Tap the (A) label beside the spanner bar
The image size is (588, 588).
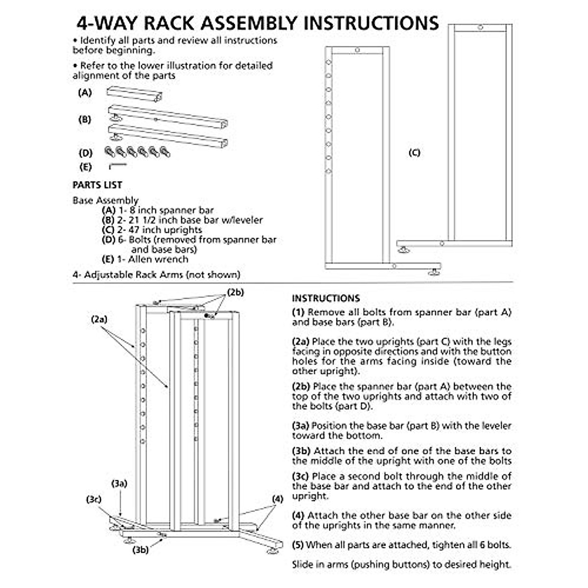pyautogui.click(x=85, y=93)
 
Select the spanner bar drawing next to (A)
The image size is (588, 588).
pyautogui.click(x=135, y=95)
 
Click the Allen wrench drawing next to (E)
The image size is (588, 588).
pyautogui.click(x=118, y=166)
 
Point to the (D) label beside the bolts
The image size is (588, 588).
pyautogui.click(x=85, y=153)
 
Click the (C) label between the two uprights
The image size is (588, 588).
pyautogui.click(x=414, y=153)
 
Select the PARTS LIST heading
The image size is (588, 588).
pyautogui.click(x=98, y=185)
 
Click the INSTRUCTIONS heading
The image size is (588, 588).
pyautogui.click(x=326, y=298)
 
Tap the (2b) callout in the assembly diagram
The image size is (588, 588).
pyautogui.click(x=235, y=293)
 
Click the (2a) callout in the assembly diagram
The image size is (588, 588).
pyautogui.click(x=99, y=319)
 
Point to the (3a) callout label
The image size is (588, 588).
pyautogui.click(x=119, y=484)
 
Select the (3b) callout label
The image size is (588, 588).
pyautogui.click(x=141, y=550)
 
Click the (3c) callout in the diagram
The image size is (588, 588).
pyautogui.click(x=94, y=499)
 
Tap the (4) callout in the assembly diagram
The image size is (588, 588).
pyautogui.click(x=278, y=499)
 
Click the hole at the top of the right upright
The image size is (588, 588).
pyautogui.click(x=481, y=27)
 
